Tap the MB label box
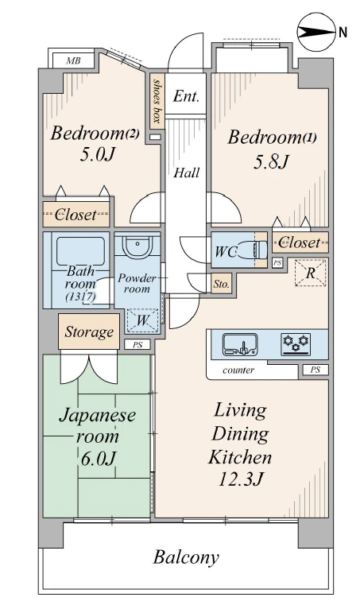[73, 60]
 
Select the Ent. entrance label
[186, 97]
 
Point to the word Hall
[187, 173]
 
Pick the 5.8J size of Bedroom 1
[273, 161]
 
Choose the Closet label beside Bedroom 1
[300, 242]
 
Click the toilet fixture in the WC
[258, 250]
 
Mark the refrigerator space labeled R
[311, 273]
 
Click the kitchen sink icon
[239, 344]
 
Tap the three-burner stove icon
[294, 344]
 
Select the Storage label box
[88, 332]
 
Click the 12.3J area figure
[240, 479]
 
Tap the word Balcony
[186, 556]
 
